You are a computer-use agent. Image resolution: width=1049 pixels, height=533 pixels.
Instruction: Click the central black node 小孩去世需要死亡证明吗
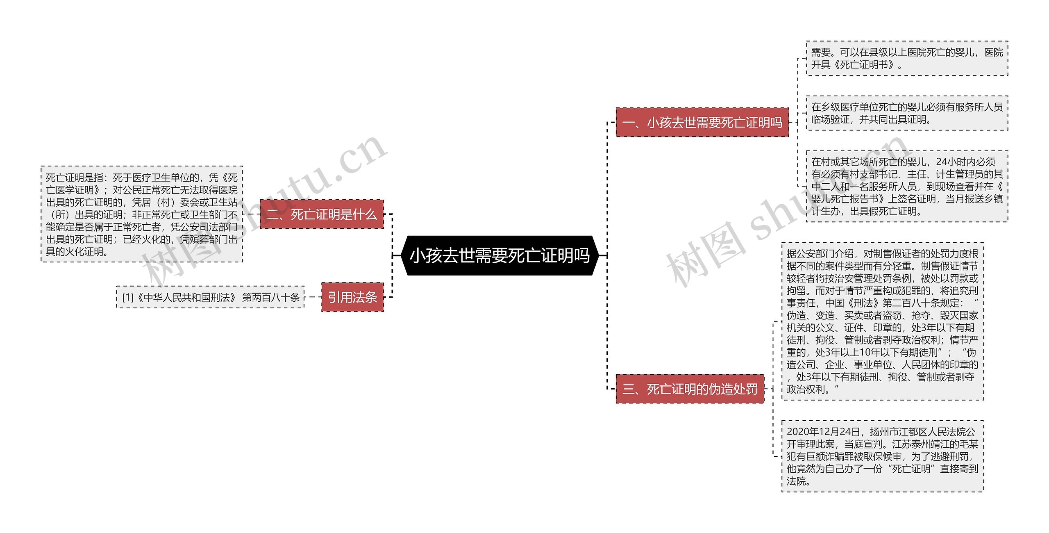[x=500, y=255]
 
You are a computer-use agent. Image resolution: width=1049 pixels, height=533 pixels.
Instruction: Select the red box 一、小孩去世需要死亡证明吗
[x=702, y=122]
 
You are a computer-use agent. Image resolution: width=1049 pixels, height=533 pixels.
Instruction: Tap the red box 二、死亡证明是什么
[x=322, y=214]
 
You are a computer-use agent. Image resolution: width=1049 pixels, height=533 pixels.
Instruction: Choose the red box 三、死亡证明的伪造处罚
[x=690, y=389]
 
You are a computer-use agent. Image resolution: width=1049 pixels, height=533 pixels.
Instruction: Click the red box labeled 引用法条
[x=352, y=297]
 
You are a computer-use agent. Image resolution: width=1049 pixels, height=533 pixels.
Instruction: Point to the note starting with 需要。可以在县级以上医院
[x=907, y=58]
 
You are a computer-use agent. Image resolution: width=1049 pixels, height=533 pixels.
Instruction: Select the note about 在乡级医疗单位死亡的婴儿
[x=907, y=113]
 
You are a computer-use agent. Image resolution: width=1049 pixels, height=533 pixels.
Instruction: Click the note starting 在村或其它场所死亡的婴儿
[x=907, y=187]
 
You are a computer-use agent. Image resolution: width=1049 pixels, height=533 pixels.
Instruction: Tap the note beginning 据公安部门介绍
[x=882, y=321]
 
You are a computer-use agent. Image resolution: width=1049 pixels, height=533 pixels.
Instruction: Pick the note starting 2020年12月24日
[x=882, y=456]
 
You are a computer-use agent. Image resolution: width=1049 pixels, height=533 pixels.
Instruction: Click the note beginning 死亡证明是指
[x=142, y=214]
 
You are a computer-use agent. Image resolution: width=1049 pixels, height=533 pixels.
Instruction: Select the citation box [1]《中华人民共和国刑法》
[x=211, y=297]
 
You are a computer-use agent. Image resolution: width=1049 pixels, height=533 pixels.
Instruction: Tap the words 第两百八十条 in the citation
[x=271, y=297]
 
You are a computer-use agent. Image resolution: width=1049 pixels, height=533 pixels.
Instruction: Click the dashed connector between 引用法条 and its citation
[x=313, y=297]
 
